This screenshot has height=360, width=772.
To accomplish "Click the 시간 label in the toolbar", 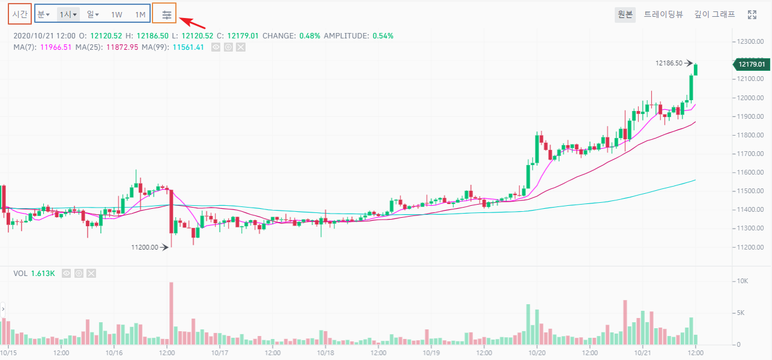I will pos(20,14).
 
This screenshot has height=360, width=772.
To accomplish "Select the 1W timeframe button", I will pos(116,14).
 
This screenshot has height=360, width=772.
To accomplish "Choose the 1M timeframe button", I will pos(140,14).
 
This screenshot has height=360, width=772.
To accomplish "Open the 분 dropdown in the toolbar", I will pos(43,14).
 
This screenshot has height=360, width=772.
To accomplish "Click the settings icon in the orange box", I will pos(167,14).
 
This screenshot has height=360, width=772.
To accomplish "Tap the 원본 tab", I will pos(625,14).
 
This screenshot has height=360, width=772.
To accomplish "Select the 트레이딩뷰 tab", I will pos(663,14).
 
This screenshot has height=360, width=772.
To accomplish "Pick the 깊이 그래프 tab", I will pos(714,14).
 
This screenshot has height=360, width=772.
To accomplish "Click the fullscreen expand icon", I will pos(752,14).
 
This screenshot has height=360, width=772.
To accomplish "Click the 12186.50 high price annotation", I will pos(669,63).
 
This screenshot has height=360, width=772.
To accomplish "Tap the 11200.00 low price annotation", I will pos(145,247).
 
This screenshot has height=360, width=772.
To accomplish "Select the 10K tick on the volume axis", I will pos(742,281).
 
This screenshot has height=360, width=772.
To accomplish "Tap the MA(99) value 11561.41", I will pos(188,47).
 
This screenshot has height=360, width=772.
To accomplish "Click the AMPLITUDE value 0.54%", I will pos(383,36).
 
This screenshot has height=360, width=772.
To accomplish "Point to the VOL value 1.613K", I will pos(43,274).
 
